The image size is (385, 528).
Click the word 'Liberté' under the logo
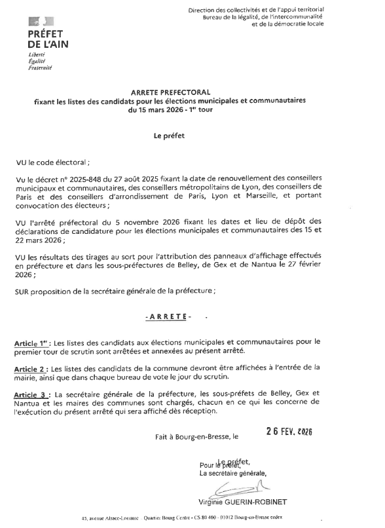(36, 55)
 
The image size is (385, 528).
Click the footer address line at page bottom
(189, 518)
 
